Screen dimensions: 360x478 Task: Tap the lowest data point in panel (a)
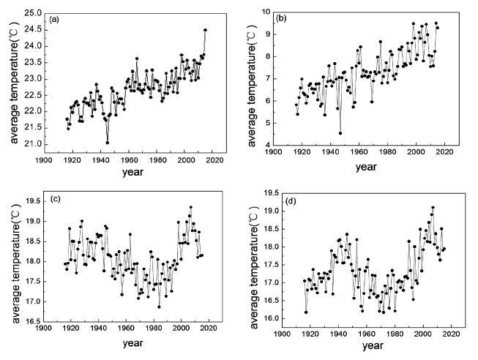(x=108, y=143)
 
